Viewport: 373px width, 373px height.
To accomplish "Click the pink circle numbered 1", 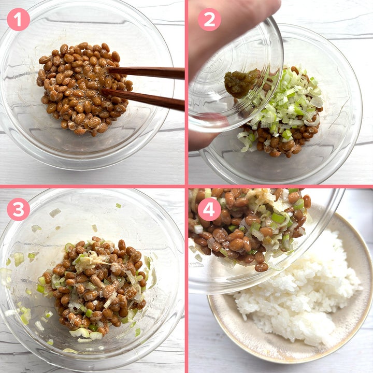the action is pyautogui.click(x=18, y=20).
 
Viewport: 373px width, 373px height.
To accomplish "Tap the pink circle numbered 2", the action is pyautogui.click(x=209, y=20).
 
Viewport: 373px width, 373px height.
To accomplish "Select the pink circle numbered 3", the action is pyautogui.click(x=18, y=209).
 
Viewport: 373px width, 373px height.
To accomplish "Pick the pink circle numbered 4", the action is pyautogui.click(x=209, y=209).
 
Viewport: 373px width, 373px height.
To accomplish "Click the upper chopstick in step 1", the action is pyautogui.click(x=145, y=73).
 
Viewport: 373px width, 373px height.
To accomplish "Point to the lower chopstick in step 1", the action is pyautogui.click(x=143, y=99).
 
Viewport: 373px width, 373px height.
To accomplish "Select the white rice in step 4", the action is pyautogui.click(x=297, y=290).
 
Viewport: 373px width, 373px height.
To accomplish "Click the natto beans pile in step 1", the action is pyautogui.click(x=83, y=88).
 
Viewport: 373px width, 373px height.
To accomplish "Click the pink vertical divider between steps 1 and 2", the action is pyautogui.click(x=187, y=92).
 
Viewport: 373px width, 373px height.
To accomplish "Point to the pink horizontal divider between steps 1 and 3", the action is pyautogui.click(x=92, y=187).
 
